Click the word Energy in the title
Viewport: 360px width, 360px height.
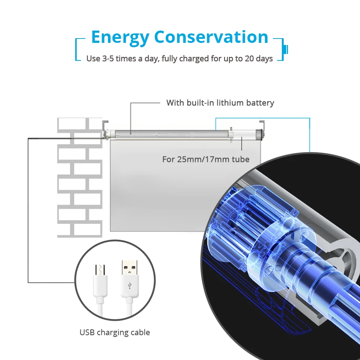pyautogui.click(x=120, y=37)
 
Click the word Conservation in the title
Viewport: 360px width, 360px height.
pyautogui.click(x=211, y=37)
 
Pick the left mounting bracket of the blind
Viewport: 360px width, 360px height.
pyautogui.click(x=105, y=128)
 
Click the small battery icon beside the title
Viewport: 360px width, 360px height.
pyautogui.click(x=287, y=48)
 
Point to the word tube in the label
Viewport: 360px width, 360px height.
pyautogui.click(x=242, y=159)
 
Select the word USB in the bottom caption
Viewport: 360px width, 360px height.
pyautogui.click(x=87, y=332)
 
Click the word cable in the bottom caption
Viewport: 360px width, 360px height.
pyautogui.click(x=140, y=332)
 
